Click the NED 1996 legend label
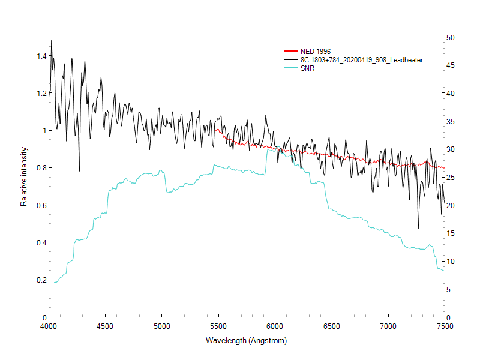pyautogui.click(x=316, y=52)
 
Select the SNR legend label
pyautogui.click(x=307, y=68)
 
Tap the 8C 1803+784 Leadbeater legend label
pyautogui.click(x=362, y=60)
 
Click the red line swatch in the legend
pyautogui.click(x=291, y=52)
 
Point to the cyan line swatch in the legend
pyautogui.click(x=291, y=68)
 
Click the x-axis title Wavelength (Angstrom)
pyautogui.click(x=246, y=341)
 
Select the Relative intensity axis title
pyautogui.click(x=24, y=176)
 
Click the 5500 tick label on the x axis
pyautogui.click(x=218, y=326)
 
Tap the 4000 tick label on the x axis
pyautogui.click(x=49, y=326)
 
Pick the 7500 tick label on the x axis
pyautogui.click(x=445, y=326)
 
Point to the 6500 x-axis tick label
pyautogui.click(x=331, y=326)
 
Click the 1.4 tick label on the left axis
pyautogui.click(x=41, y=56)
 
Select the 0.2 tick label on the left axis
pyautogui.click(x=41, y=280)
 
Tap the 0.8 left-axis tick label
pyautogui.click(x=41, y=168)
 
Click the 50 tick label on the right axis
pyautogui.click(x=450, y=38)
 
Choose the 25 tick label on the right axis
pyautogui.click(x=450, y=178)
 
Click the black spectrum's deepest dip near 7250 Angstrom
pyautogui.click(x=418, y=228)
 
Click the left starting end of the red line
pyautogui.click(x=215, y=128)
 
